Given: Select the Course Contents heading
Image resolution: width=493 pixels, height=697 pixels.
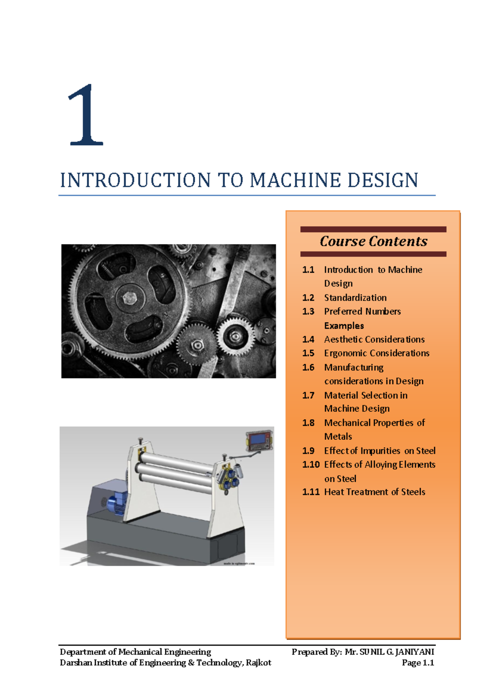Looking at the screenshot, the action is click(x=373, y=241).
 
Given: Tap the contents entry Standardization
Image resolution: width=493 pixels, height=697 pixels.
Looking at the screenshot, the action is click(x=355, y=298).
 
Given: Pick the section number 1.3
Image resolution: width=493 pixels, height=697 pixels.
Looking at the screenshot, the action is click(x=308, y=312).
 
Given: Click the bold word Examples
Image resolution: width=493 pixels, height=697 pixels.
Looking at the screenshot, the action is click(x=344, y=326).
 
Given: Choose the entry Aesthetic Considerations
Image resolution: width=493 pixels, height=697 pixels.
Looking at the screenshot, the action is click(x=374, y=339).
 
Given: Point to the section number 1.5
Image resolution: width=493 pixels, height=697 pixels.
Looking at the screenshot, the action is click(x=308, y=353).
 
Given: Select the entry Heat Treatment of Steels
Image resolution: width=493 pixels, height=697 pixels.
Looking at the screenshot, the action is click(x=375, y=492).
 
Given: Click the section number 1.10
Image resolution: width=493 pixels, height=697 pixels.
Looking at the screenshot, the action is click(x=311, y=464).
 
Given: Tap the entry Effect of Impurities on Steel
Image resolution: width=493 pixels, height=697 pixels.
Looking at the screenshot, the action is click(x=380, y=451).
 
